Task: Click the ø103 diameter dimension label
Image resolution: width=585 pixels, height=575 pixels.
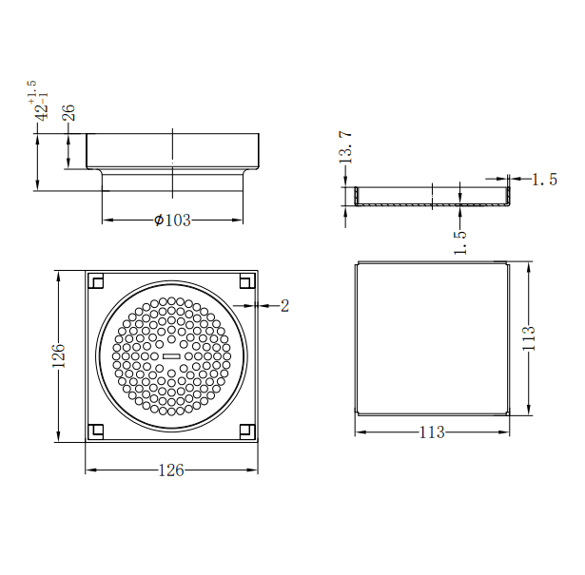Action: pos(172,220)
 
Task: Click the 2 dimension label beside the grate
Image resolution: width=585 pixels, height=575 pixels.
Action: pos(283,305)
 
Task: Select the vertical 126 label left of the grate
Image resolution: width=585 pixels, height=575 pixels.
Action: pos(58,357)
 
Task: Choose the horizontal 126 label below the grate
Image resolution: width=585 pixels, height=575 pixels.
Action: pos(171,470)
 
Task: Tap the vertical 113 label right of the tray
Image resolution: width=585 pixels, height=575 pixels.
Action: pos(530,338)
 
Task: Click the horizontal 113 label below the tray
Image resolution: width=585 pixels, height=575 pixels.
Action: pos(432,432)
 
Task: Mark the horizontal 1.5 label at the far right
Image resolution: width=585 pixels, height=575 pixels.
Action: pos(544,180)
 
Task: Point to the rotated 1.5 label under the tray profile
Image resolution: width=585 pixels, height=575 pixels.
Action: pos(460,241)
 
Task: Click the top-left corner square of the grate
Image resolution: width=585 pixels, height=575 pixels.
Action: pos(96,281)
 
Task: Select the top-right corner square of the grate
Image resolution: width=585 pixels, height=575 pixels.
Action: pos(246,281)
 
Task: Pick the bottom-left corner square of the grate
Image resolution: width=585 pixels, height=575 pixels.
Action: pos(96,432)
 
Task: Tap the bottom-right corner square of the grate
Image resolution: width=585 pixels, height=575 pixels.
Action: pos(246,432)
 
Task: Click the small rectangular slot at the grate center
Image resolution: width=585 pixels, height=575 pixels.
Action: pos(171,355)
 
